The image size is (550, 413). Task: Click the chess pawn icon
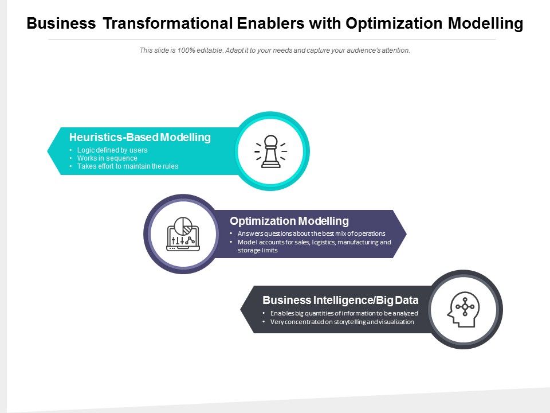[271, 151]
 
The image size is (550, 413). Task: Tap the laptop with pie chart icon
[183, 234]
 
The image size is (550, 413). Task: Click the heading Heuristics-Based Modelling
[140, 138]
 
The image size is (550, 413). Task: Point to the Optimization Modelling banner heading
[289, 221]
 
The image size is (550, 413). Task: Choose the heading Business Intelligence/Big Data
[340, 300]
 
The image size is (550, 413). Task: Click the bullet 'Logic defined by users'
[112, 150]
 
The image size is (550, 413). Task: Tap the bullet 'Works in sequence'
[107, 158]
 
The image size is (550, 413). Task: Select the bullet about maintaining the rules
[128, 166]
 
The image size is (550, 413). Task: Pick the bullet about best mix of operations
[311, 233]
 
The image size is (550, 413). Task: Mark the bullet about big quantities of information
[344, 313]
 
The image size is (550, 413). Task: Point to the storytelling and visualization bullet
[342, 322]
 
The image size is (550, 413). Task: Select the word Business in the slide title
[61, 24]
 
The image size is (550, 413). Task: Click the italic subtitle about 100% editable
[275, 50]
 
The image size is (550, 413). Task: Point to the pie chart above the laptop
[183, 225]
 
